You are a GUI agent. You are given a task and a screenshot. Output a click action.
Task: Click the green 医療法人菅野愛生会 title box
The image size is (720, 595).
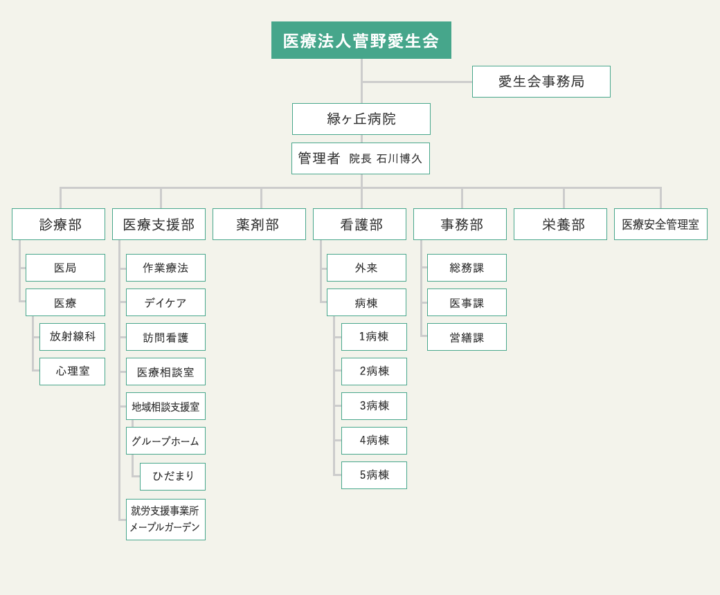click(361, 40)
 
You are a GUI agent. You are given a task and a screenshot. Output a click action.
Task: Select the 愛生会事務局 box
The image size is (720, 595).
click(541, 82)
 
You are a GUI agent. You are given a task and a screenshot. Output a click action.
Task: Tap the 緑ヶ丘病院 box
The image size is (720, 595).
click(361, 119)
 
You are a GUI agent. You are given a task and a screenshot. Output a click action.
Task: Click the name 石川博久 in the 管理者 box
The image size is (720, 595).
click(399, 158)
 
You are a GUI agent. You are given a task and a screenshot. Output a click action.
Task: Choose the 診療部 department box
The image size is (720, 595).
click(58, 224)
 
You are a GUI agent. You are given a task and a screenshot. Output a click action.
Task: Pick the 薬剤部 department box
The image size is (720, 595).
click(259, 224)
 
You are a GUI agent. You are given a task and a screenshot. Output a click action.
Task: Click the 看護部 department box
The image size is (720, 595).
click(359, 224)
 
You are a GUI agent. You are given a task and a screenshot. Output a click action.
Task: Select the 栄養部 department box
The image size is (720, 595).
click(560, 224)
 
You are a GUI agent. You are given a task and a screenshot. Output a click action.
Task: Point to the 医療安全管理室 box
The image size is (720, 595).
click(660, 224)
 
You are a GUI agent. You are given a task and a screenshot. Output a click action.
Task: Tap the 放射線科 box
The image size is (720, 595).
click(72, 337)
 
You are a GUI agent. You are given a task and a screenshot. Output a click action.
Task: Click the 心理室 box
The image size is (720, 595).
click(72, 372)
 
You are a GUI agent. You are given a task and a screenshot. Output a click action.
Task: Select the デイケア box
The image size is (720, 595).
click(165, 302)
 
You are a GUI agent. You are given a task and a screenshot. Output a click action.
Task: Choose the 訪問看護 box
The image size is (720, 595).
click(165, 337)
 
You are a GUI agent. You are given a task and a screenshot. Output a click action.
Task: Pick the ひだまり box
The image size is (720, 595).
click(172, 477)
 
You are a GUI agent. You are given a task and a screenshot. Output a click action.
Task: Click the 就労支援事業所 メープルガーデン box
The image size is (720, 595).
click(165, 520)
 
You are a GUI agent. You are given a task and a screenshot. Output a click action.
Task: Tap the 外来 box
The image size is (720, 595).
click(366, 268)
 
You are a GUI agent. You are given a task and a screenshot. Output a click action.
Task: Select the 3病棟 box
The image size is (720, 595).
click(375, 406)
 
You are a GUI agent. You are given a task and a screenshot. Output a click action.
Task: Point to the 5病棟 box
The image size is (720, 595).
click(375, 475)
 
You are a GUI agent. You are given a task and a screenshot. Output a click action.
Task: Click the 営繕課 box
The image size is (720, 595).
click(467, 337)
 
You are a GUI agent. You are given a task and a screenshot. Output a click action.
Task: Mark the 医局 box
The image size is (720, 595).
click(65, 268)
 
